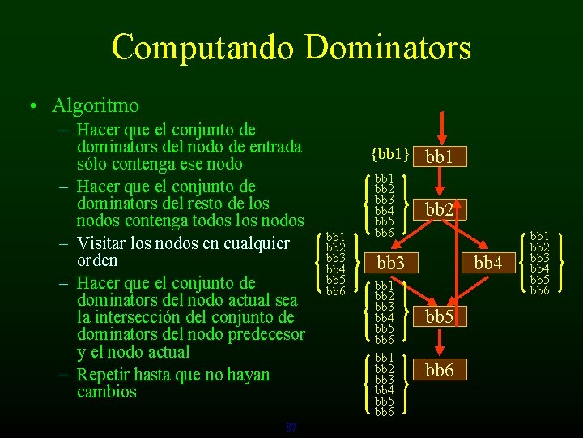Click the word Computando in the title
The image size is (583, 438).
tap(204, 47)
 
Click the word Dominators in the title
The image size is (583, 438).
tap(389, 47)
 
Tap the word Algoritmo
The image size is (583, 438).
tap(96, 105)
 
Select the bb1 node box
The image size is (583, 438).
tap(439, 156)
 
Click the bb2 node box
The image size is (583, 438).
tap(439, 209)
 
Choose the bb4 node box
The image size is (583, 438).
tap(488, 263)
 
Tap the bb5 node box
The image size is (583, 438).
tap(439, 317)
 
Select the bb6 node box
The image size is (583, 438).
tap(439, 371)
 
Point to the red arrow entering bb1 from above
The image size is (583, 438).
tap(440, 127)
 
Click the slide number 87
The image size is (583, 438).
tap(291, 427)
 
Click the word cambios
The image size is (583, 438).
tap(107, 392)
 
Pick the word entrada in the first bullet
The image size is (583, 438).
tap(274, 147)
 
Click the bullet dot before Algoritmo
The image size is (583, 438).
tap(30, 106)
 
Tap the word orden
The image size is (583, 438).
tap(97, 260)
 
